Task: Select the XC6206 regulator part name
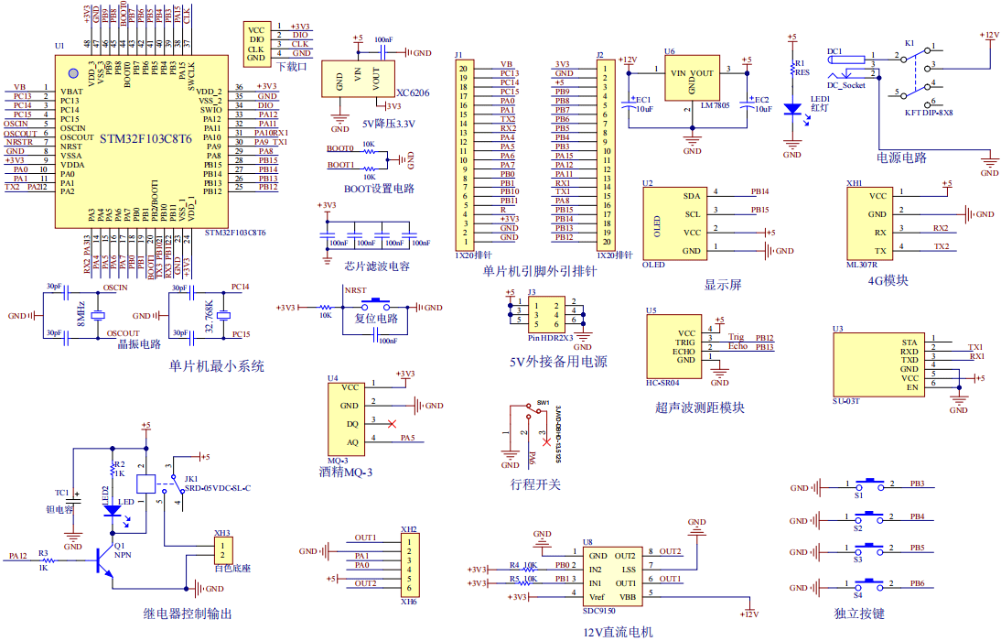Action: pyautogui.click(x=413, y=93)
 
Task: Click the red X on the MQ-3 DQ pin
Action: pyautogui.click(x=393, y=423)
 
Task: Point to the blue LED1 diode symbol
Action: pyautogui.click(x=792, y=109)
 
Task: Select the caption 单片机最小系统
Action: pyautogui.click(x=217, y=366)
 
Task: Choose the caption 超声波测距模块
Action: pyautogui.click(x=699, y=407)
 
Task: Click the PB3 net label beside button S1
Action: pyautogui.click(x=917, y=483)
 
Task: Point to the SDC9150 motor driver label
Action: pyautogui.click(x=600, y=611)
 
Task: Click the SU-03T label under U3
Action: pyautogui.click(x=846, y=401)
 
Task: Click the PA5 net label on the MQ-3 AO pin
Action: pyautogui.click(x=408, y=439)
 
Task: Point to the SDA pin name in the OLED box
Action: pyautogui.click(x=691, y=196)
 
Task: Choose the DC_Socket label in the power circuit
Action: pyautogui.click(x=846, y=85)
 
